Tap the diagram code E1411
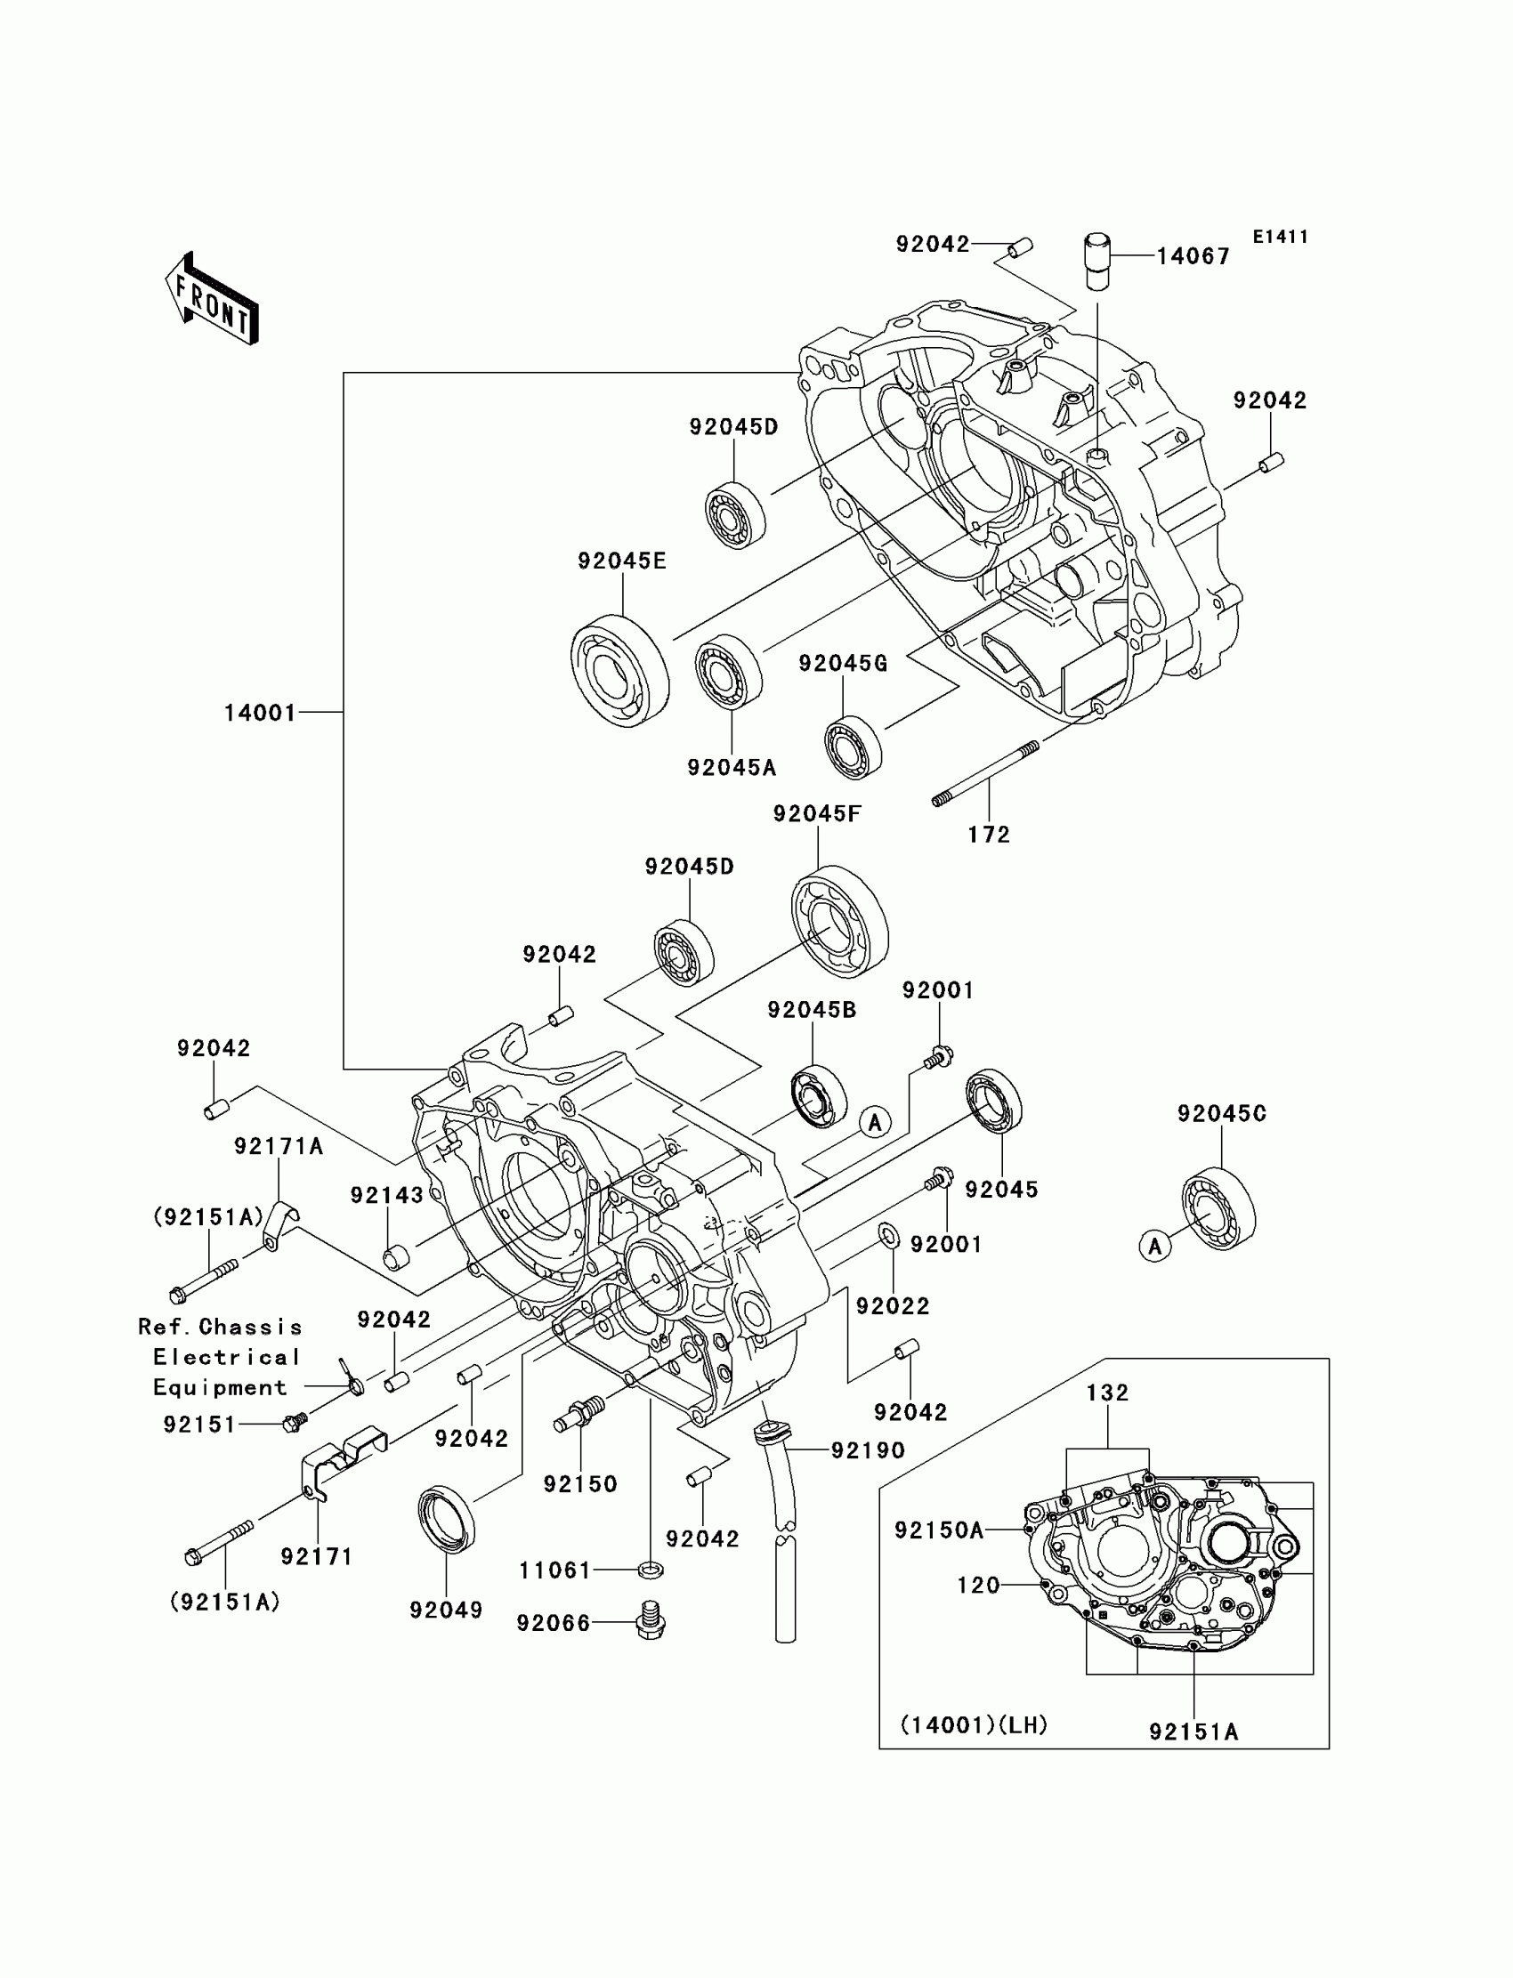tap(1280, 237)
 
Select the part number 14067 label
tap(1193, 256)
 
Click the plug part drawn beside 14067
tap(1096, 261)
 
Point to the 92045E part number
tap(622, 561)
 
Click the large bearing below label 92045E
tap(619, 670)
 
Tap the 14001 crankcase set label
tap(260, 713)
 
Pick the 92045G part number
tap(843, 664)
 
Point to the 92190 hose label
tap(868, 1450)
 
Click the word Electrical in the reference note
tap(226, 1357)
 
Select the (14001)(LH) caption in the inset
tap(975, 1725)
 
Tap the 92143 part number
tap(387, 1195)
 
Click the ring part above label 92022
tap(888, 1236)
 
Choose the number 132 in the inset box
tap(1108, 1393)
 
